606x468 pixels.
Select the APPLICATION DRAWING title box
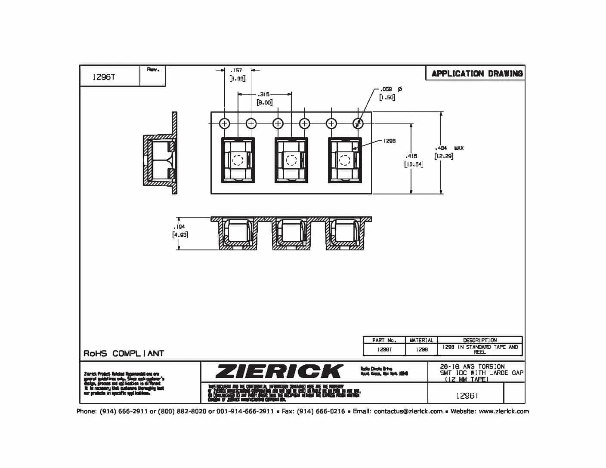(x=477, y=74)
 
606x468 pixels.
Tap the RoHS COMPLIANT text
(x=124, y=354)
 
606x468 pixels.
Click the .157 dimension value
(x=236, y=70)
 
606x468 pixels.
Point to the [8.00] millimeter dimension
(x=264, y=102)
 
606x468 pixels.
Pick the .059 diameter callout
(x=386, y=89)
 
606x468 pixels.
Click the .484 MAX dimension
(x=448, y=148)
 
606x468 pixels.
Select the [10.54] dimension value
(x=413, y=164)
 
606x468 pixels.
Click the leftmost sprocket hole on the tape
(x=225, y=124)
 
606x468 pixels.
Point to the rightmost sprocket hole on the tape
(x=358, y=124)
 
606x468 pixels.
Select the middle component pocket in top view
(x=291, y=160)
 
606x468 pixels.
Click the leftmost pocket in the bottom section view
(x=238, y=234)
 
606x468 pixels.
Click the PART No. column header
(x=384, y=340)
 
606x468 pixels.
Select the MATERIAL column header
(x=421, y=340)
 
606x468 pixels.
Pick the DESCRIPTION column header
(x=479, y=340)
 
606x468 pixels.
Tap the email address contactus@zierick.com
(x=408, y=412)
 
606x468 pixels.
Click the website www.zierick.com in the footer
(x=504, y=412)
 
